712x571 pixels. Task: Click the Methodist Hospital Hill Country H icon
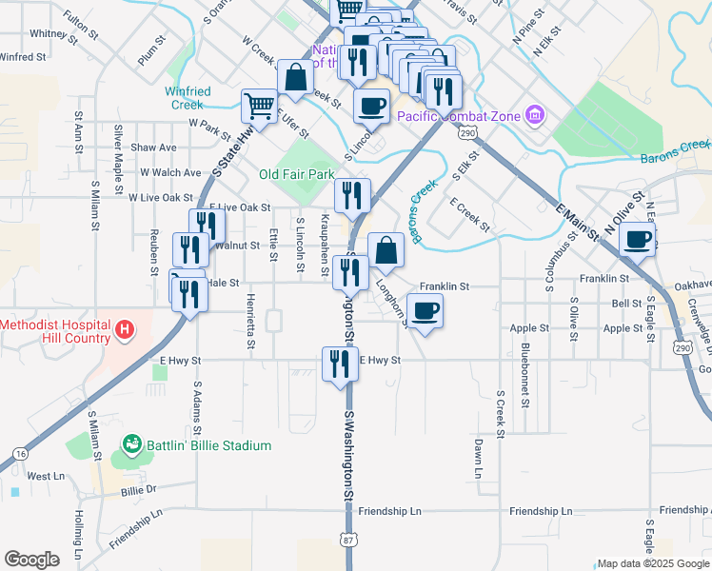(123, 332)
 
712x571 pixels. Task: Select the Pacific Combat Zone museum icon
(535, 116)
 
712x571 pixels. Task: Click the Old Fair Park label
(297, 175)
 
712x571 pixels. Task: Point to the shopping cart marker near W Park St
(259, 106)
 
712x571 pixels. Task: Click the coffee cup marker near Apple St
(425, 309)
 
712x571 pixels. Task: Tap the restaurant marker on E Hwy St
(339, 363)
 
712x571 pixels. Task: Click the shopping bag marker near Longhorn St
(386, 250)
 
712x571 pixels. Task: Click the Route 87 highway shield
(348, 540)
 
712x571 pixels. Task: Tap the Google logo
(31, 560)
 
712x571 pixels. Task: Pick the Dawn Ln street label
(478, 459)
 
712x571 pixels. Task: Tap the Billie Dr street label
(138, 489)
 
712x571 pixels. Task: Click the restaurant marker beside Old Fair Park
(351, 196)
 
